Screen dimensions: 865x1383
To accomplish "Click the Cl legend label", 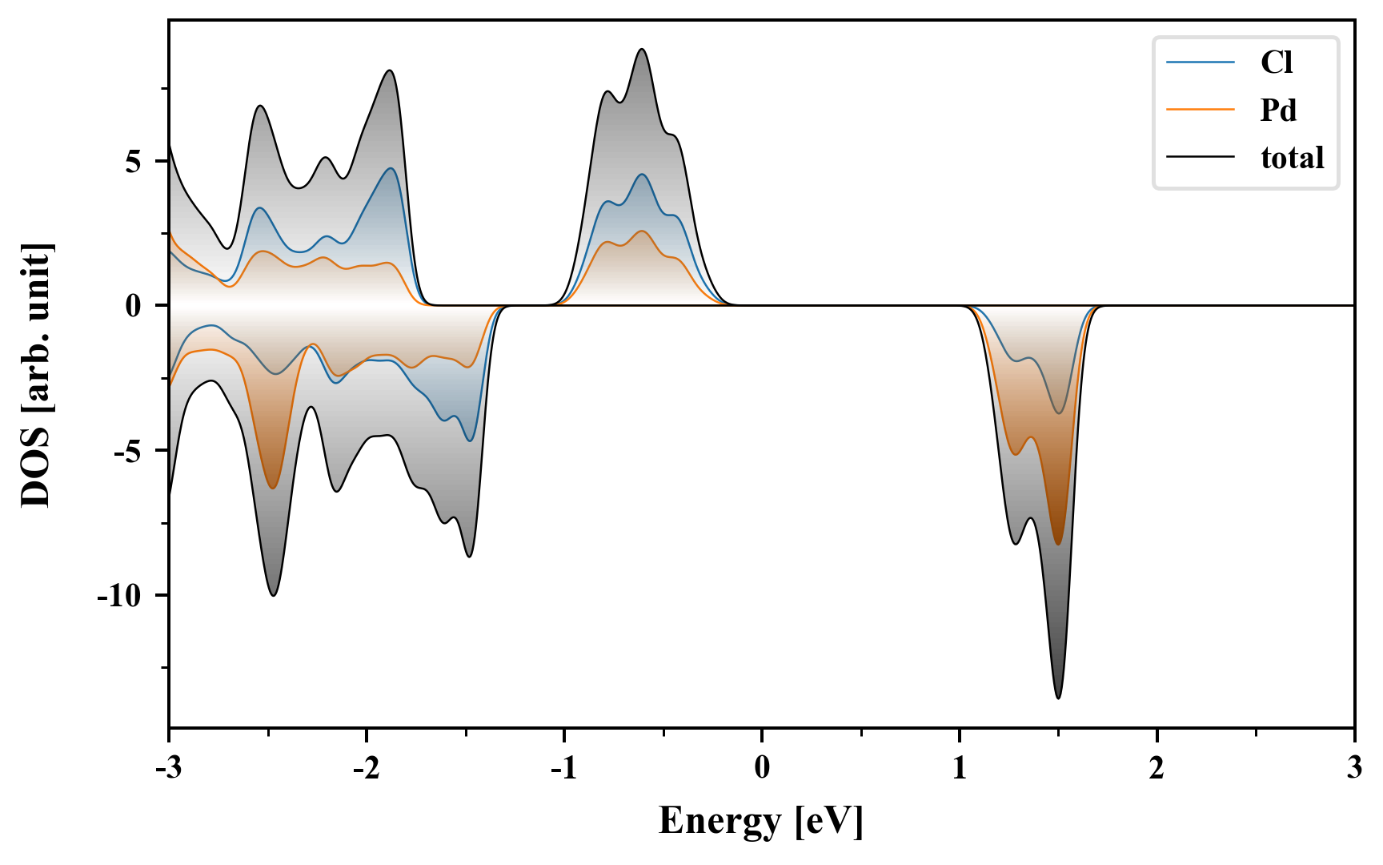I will (x=1277, y=62).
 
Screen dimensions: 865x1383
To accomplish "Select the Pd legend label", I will (x=1278, y=110).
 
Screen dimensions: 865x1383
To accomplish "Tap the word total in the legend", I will (x=1293, y=158).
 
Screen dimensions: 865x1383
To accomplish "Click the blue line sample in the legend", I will (x=1201, y=62).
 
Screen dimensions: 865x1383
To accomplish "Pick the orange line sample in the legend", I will (x=1201, y=110).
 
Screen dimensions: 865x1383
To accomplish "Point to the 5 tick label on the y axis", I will (x=133, y=162).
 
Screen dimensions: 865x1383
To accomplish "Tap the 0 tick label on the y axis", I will (x=133, y=306).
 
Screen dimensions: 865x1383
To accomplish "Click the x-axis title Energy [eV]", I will (x=761, y=820).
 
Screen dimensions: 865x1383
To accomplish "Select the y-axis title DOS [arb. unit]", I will (x=37, y=375).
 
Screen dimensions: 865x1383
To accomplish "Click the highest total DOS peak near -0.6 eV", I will (x=642, y=50).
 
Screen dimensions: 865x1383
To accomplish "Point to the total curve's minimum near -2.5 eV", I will (x=273, y=595).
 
